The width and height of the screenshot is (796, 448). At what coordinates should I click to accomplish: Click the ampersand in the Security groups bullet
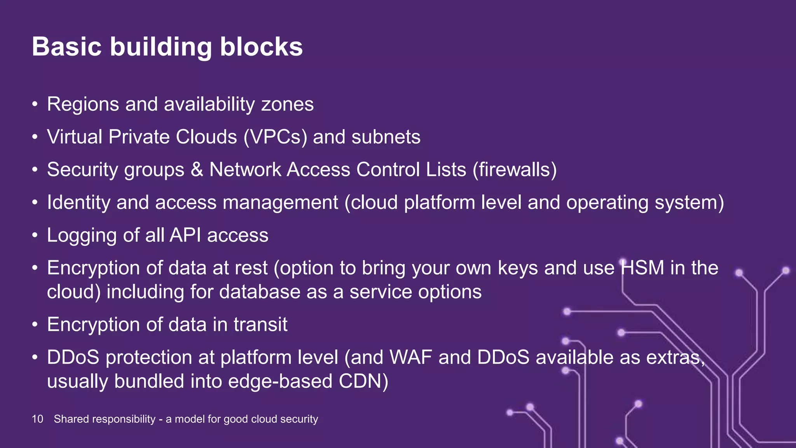(197, 170)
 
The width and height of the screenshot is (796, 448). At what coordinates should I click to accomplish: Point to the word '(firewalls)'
(515, 170)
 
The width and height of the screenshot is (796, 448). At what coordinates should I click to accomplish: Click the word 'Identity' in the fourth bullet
(79, 203)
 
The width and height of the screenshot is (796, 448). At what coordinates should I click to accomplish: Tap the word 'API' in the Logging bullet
(185, 235)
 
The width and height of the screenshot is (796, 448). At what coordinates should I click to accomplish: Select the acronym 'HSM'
(642, 268)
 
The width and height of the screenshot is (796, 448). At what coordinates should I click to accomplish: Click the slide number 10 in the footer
(37, 419)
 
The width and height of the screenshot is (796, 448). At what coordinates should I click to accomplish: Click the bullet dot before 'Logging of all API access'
(35, 235)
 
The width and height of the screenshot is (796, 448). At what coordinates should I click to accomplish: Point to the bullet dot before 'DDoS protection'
(35, 357)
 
